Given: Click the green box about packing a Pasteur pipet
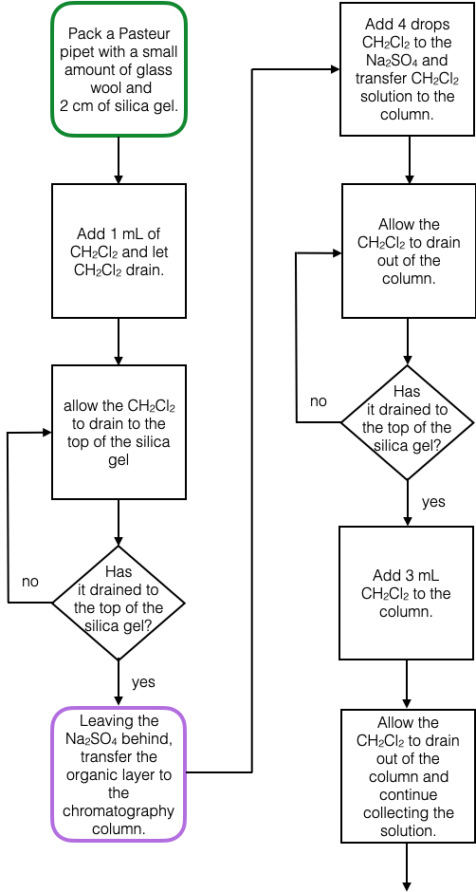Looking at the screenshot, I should (x=119, y=69).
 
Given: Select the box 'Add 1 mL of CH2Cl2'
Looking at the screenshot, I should (x=119, y=251).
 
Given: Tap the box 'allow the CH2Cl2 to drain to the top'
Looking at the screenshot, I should (x=119, y=433).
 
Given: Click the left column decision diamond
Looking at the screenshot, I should (x=119, y=603).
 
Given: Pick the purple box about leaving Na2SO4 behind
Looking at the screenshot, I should (x=119, y=773).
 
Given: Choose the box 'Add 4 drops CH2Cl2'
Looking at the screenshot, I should (x=408, y=69).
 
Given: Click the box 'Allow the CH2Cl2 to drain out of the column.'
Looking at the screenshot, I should (x=408, y=251).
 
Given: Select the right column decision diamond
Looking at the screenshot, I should (x=408, y=423).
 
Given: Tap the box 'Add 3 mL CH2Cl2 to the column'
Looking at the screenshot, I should (x=408, y=593).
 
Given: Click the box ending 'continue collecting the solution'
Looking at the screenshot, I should (x=408, y=775).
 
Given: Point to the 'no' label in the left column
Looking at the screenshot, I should (x=30, y=581).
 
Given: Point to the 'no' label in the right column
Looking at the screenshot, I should (x=319, y=401).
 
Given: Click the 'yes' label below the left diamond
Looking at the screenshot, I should (x=143, y=681).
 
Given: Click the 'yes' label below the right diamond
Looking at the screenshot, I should (x=433, y=502).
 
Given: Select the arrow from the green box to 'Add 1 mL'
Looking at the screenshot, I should (x=119, y=159).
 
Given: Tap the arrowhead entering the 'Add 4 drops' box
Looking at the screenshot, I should (x=335, y=69).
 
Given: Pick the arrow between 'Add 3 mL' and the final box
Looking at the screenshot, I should (x=408, y=683).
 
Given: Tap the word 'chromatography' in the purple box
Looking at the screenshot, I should (x=119, y=810).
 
